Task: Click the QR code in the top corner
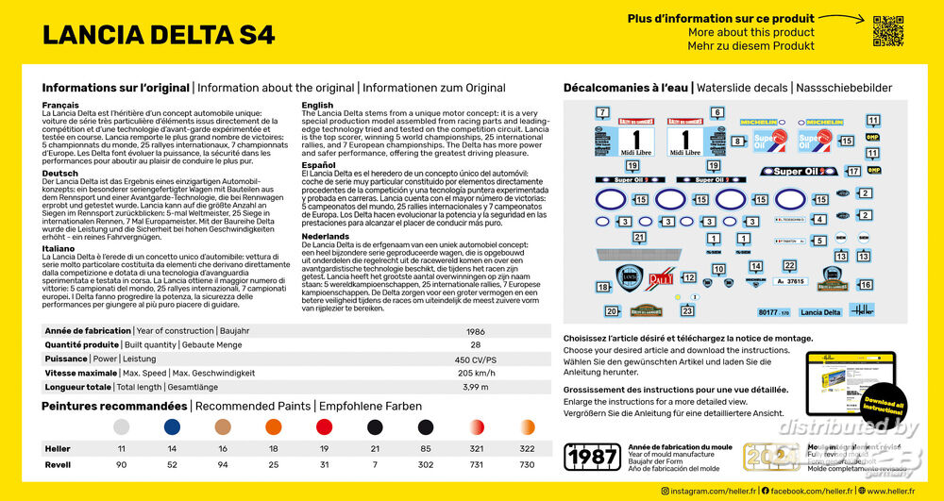tap(888, 31)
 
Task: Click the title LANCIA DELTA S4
tap(159, 35)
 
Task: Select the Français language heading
tap(60, 105)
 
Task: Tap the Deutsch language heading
tap(59, 174)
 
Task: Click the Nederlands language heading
tap(326, 235)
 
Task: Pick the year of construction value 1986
tap(475, 331)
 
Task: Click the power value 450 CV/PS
tap(476, 359)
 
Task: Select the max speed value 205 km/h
tap(476, 373)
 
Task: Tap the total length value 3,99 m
tap(476, 387)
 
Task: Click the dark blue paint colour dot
tap(172, 427)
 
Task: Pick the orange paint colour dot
tap(274, 427)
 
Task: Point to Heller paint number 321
tap(477, 449)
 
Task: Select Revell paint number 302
tap(426, 464)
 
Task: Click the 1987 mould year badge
tap(591, 457)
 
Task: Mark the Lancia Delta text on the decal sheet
tap(819, 312)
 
